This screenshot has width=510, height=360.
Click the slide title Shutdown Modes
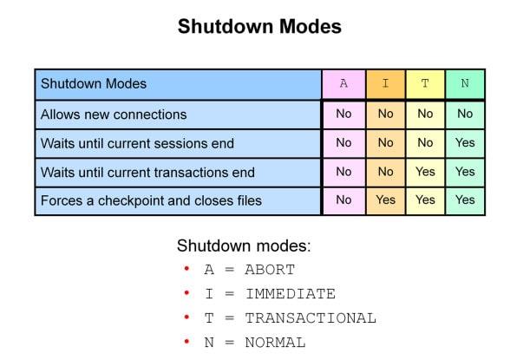[x=259, y=27]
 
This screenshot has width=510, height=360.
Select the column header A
[x=343, y=84]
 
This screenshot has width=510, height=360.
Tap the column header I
[x=385, y=84]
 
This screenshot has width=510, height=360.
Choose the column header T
[x=425, y=84]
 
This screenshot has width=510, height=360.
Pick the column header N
[x=465, y=84]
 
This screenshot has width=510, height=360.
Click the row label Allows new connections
[x=114, y=115]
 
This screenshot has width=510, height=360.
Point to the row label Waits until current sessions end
[x=137, y=143]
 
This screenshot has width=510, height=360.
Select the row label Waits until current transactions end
[x=147, y=172]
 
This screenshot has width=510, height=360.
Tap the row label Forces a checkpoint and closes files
[x=151, y=200]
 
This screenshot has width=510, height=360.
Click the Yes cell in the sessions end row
[x=465, y=142]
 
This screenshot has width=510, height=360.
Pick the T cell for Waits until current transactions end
[x=425, y=171]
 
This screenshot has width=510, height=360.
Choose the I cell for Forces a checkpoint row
[x=385, y=200]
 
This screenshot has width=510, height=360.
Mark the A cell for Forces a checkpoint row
[x=343, y=200]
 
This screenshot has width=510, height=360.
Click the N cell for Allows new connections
[x=465, y=114]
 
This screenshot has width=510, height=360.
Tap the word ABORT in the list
[x=270, y=270]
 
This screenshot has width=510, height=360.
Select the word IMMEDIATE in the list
[x=290, y=294]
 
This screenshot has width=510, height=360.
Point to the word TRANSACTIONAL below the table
[x=311, y=318]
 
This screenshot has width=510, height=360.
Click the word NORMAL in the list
[x=275, y=343]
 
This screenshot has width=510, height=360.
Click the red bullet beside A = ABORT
[x=186, y=269]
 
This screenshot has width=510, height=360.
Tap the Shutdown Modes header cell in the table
[x=94, y=84]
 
